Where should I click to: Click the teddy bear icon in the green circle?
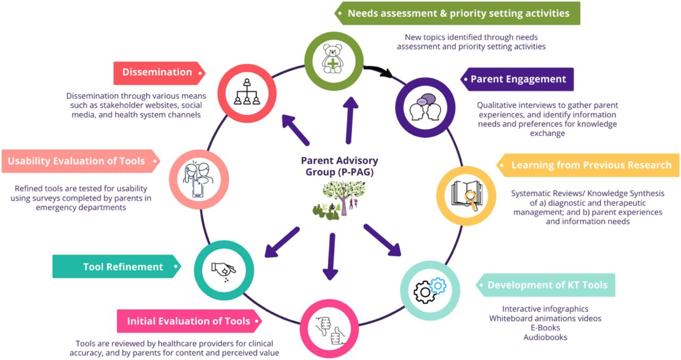333,59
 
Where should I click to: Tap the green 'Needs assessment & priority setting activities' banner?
457,13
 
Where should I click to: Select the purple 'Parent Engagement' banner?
517,79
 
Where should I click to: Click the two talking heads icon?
425,107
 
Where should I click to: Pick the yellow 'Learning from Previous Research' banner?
588,165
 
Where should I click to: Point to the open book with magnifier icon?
467,195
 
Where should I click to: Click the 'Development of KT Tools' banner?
545,285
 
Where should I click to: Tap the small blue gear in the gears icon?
438,286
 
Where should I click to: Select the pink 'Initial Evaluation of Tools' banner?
189,321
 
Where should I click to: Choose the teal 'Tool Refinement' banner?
117,266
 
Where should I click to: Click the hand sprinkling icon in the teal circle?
224,272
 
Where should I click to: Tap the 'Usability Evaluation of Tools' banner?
81,161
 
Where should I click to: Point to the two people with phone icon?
198,180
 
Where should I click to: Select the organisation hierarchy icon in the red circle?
247,92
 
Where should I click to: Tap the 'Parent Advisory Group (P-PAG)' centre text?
339,166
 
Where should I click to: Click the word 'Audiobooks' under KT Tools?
545,337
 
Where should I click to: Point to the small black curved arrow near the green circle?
378,70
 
